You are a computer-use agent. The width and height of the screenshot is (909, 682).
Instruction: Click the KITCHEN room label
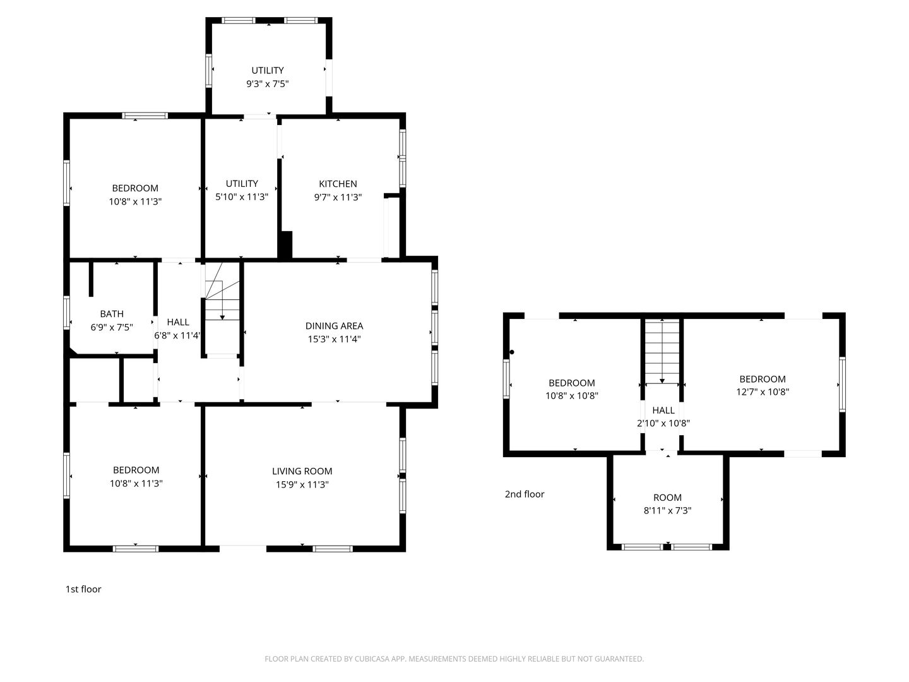click(338, 183)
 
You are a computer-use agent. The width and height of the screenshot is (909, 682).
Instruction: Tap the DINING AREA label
click(334, 326)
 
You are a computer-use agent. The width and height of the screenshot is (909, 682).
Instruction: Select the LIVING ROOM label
click(302, 471)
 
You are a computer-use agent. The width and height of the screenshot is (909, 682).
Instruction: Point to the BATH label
click(112, 313)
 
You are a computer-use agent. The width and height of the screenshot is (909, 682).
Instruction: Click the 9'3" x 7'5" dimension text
click(268, 83)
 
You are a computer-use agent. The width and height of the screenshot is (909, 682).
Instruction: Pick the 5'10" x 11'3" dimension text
click(242, 196)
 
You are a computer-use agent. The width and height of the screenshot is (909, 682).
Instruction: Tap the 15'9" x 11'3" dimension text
click(302, 484)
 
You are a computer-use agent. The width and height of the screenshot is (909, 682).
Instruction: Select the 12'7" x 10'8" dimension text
click(763, 392)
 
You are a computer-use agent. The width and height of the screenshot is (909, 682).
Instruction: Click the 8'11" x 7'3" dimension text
click(668, 510)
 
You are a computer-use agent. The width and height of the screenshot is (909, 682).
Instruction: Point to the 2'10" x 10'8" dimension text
click(663, 423)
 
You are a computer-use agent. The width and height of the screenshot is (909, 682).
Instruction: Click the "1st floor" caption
click(83, 589)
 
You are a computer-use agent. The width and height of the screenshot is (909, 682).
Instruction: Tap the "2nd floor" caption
click(525, 494)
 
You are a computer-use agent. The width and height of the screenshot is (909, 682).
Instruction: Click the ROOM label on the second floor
click(667, 498)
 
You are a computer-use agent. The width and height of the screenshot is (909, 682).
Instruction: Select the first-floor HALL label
click(178, 322)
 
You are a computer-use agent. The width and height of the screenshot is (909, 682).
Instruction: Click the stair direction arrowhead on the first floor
click(222, 317)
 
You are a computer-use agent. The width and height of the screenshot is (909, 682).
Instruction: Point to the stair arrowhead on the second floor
click(662, 381)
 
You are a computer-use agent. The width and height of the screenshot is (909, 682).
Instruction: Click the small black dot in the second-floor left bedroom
click(512, 352)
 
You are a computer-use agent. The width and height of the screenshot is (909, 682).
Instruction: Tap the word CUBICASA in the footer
click(372, 659)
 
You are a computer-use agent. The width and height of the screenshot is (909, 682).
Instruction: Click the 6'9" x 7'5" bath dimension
click(112, 327)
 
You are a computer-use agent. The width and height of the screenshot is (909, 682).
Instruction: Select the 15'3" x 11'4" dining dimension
click(334, 339)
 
